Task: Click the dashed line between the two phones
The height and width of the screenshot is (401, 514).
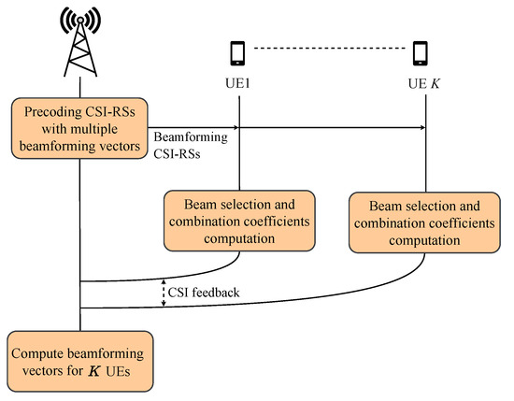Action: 332,49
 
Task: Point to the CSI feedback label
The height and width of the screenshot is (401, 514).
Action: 207,293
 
